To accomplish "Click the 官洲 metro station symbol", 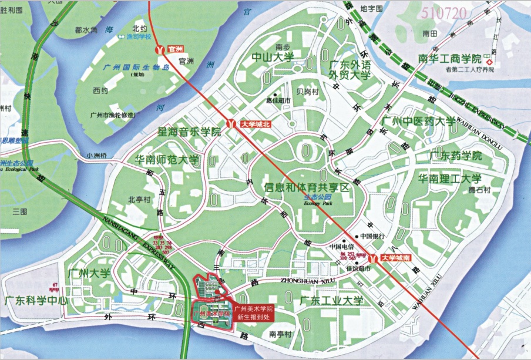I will tap(159, 49).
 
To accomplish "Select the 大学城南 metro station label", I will tap(397, 257).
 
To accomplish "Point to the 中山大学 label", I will tap(273, 57).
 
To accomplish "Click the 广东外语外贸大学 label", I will tap(349, 70).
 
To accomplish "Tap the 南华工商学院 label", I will tap(449, 59).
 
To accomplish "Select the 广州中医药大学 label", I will tap(418, 122).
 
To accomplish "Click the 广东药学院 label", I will tap(455, 156).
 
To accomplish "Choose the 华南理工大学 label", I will tap(449, 179).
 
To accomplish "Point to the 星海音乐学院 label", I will tap(189, 132).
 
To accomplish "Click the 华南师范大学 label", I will tap(167, 160).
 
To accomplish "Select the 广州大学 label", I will tap(89, 273).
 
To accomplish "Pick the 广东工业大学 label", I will tap(331, 301).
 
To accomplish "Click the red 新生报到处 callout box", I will tap(254, 312).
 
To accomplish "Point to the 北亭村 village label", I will tap(140, 199).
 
